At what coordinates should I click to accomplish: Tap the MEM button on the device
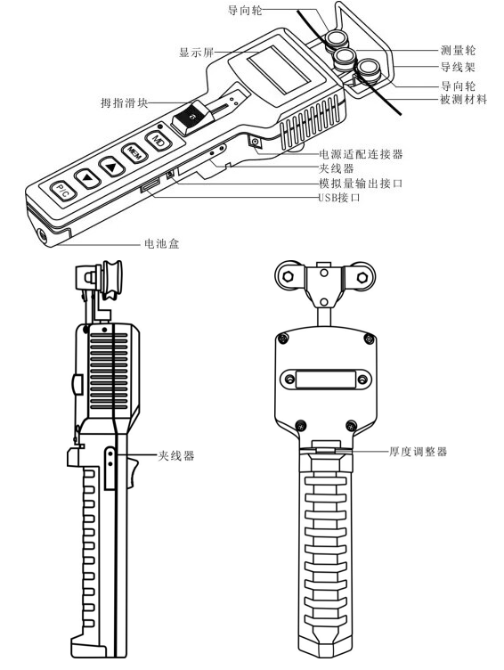pos(132,151)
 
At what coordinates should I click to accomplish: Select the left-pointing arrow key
pos(86,176)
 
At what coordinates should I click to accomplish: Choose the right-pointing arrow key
pos(110,164)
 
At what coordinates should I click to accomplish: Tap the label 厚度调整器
pos(418,452)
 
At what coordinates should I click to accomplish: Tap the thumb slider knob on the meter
pos(186,116)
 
